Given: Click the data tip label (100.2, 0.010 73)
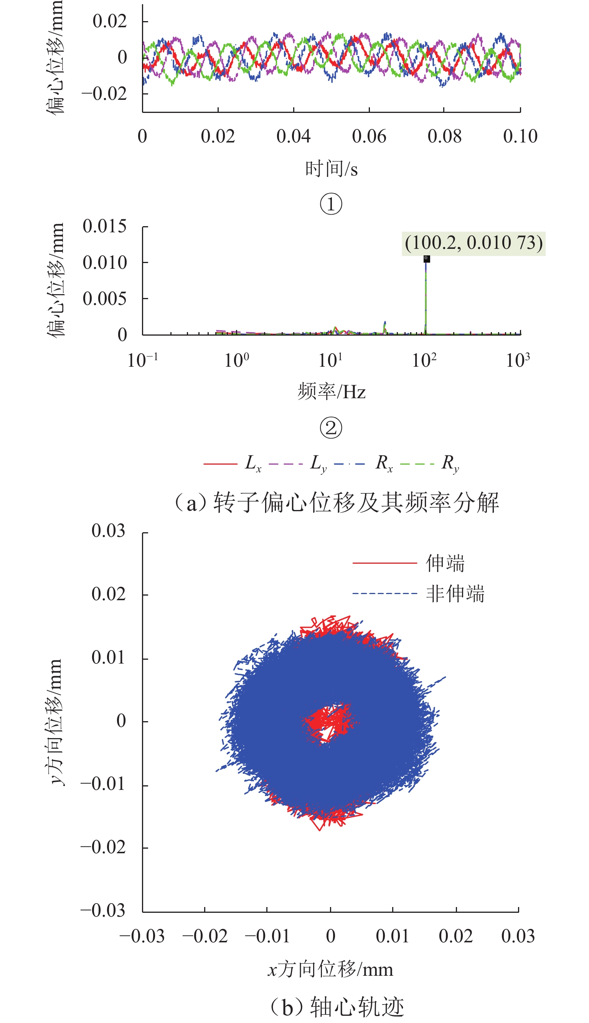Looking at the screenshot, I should (473, 243).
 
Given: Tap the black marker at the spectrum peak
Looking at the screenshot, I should (426, 259).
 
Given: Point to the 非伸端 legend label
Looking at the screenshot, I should (455, 594).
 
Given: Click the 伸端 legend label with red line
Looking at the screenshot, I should (445, 563).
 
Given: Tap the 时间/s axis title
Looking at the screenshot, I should (331, 169).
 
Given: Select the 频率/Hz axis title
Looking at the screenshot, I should (331, 391).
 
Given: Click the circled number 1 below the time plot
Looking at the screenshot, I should (331, 204).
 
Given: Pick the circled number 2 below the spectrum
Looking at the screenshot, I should (331, 428).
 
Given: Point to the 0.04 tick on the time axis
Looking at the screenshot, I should (293, 136).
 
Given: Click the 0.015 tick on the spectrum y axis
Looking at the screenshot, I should (104, 226).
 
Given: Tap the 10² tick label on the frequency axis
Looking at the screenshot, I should (424, 360).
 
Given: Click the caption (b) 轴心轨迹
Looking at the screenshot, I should (337, 1007).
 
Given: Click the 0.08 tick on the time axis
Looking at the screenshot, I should (444, 136).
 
